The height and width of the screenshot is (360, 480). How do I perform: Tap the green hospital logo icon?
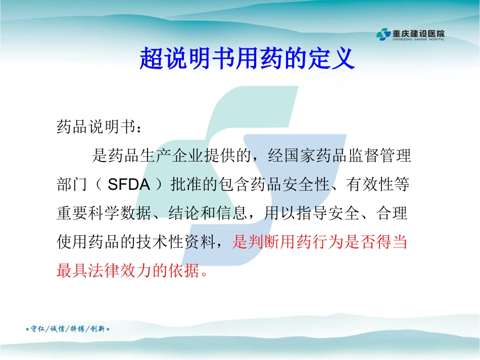(383, 35)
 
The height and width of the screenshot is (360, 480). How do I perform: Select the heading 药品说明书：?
(99, 127)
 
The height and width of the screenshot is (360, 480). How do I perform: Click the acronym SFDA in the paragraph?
(129, 185)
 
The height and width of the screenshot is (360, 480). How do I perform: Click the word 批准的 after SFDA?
(190, 185)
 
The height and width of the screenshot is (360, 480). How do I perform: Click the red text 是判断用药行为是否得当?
(319, 243)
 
